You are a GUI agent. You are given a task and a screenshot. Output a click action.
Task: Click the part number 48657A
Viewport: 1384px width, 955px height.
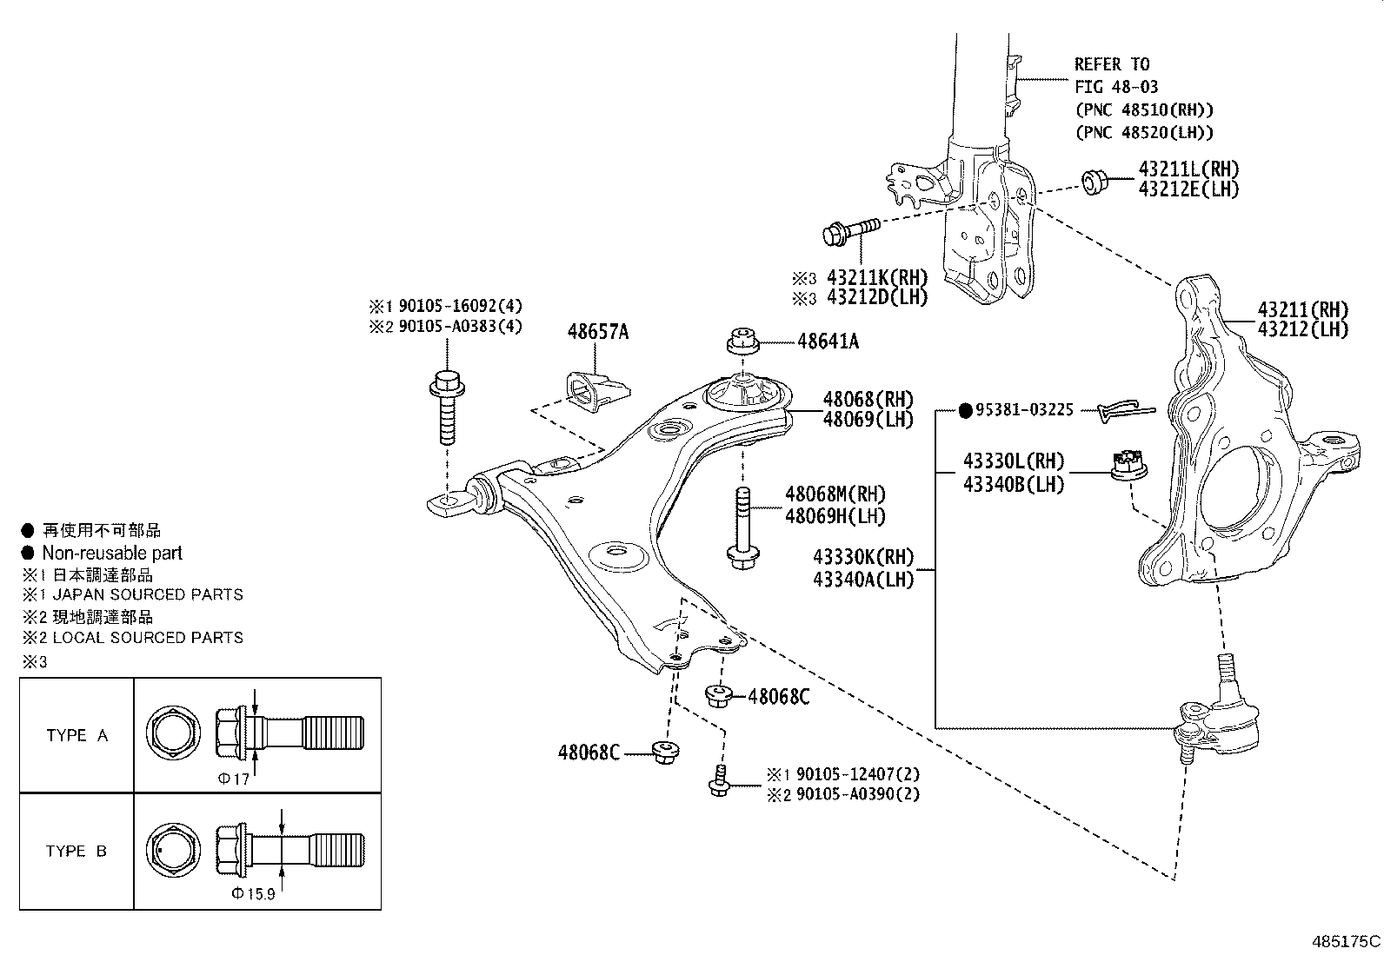coord(597,331)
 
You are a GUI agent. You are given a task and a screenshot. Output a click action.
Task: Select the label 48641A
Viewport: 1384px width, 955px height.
coord(828,342)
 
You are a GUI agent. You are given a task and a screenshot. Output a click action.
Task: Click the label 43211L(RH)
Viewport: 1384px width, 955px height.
coord(1188,169)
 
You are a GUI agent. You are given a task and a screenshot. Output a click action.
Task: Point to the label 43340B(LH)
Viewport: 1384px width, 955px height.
coord(1013,484)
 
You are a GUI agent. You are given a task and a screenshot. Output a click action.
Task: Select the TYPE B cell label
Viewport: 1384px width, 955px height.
coord(77,851)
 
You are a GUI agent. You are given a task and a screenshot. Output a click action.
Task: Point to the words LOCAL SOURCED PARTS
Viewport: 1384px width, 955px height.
coord(147,637)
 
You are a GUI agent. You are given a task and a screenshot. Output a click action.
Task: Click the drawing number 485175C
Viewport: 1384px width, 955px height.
coord(1346,940)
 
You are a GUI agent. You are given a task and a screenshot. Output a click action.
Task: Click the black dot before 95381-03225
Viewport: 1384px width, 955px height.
coord(964,411)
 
